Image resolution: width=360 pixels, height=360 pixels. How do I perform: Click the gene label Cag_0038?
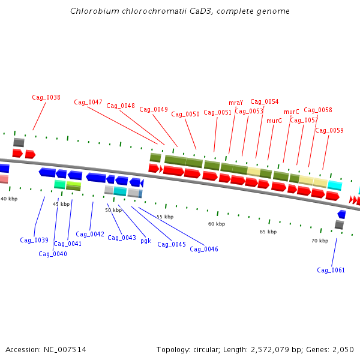(x=46, y=97)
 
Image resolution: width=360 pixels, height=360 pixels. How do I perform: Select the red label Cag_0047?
(x=88, y=102)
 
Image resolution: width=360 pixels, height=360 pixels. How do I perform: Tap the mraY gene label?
(x=236, y=103)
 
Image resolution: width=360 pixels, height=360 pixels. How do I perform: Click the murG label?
(x=274, y=121)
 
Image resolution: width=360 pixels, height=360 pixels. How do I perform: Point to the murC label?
(x=291, y=112)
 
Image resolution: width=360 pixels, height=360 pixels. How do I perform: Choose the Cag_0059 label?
(x=329, y=130)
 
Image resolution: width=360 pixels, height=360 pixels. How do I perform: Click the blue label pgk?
(x=146, y=241)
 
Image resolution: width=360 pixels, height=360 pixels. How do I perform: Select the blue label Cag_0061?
(x=331, y=270)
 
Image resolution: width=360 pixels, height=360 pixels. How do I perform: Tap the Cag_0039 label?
(x=34, y=240)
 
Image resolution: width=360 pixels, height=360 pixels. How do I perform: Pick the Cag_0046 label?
(x=204, y=249)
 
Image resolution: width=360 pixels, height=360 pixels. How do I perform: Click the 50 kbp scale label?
(x=113, y=210)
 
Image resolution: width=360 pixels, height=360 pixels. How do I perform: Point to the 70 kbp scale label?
(x=320, y=241)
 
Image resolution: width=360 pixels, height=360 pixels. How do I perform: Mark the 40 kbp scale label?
(x=9, y=199)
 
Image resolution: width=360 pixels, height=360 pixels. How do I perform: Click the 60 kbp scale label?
(x=217, y=224)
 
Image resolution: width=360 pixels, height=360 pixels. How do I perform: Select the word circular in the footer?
(x=215, y=349)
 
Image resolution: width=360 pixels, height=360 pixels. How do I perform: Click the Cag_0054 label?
(x=265, y=101)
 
